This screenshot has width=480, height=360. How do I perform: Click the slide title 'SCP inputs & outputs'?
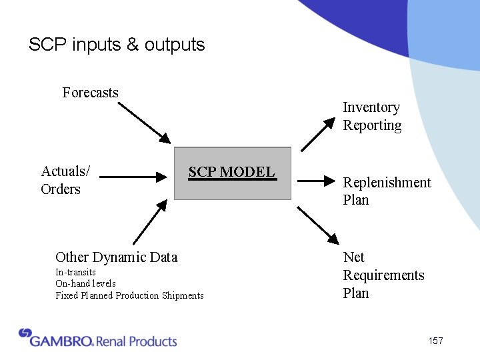(117, 45)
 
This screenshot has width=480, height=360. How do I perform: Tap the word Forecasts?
(90, 93)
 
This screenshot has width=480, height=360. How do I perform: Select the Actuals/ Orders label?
(65, 180)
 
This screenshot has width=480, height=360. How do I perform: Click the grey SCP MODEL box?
(232, 173)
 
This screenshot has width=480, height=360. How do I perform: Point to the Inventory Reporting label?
(372, 116)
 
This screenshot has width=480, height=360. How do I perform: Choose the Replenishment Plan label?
(386, 191)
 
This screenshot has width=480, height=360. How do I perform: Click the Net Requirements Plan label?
(383, 275)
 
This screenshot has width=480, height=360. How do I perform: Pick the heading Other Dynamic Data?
(117, 257)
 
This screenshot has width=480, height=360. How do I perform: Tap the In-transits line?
(75, 272)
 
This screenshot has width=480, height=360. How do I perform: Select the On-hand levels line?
(85, 283)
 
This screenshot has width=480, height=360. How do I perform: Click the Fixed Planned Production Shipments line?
(129, 295)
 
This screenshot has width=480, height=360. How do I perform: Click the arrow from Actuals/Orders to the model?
(133, 177)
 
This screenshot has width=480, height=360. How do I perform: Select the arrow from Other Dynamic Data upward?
(149, 222)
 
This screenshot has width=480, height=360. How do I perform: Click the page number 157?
(435, 341)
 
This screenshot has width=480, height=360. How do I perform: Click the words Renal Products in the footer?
(137, 341)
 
